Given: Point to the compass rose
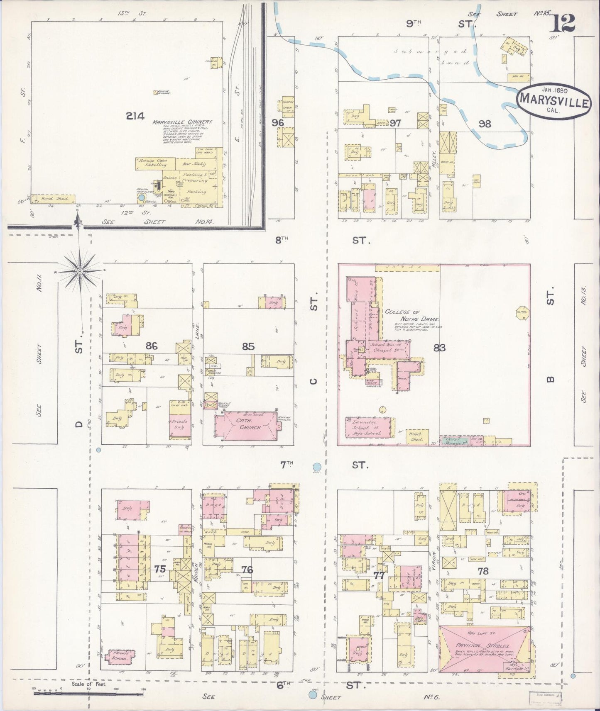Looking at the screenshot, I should (x=79, y=271).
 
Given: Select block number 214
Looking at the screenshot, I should (x=135, y=117).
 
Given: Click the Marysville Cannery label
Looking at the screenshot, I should (x=182, y=122).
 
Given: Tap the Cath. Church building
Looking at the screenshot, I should (x=246, y=424).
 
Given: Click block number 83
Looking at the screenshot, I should (x=439, y=348).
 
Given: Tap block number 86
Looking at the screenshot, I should (x=151, y=346).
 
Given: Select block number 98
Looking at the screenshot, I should (x=485, y=123).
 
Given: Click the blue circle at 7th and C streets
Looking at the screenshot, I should (x=317, y=467).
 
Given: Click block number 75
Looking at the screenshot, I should (x=160, y=570).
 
